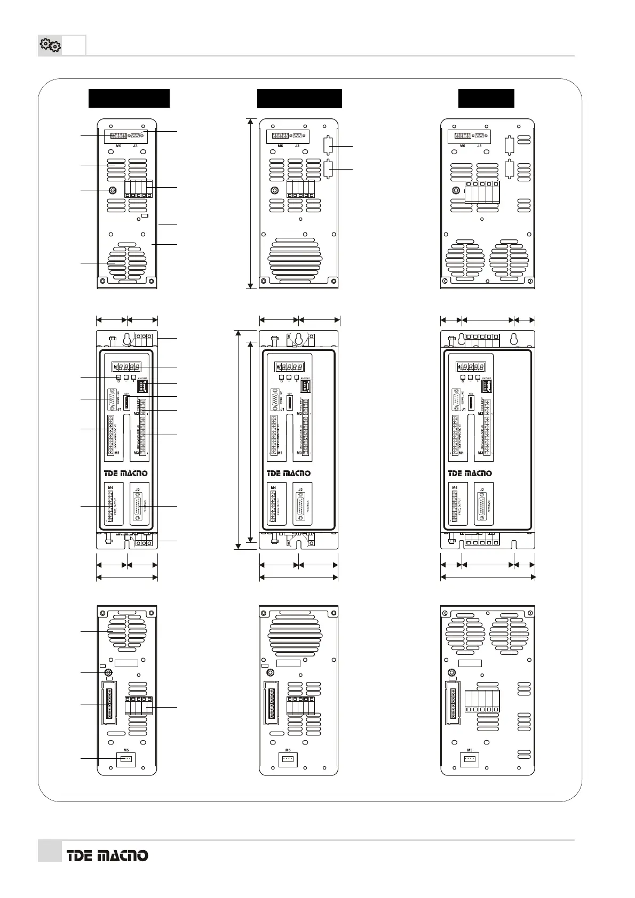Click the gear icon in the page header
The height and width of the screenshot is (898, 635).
50,46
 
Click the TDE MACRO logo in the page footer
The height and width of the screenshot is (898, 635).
107,855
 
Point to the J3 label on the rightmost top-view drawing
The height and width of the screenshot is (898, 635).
479,146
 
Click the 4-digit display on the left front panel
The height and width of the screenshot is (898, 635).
127,367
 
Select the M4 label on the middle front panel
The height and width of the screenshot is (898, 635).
273,487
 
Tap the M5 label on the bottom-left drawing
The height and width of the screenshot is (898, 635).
126,750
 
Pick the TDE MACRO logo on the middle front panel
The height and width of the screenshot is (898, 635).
289,473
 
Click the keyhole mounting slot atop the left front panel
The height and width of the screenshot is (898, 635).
128,339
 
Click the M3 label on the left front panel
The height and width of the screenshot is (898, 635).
136,453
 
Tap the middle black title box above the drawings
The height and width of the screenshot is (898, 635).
299,99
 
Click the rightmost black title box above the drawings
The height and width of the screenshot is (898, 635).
486,99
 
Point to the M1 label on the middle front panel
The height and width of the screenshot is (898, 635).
280,453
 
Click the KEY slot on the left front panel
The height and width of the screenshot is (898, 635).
127,402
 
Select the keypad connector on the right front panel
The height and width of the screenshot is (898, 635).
487,386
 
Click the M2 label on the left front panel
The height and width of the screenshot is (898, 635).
136,413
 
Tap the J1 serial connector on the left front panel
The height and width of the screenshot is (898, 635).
112,399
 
